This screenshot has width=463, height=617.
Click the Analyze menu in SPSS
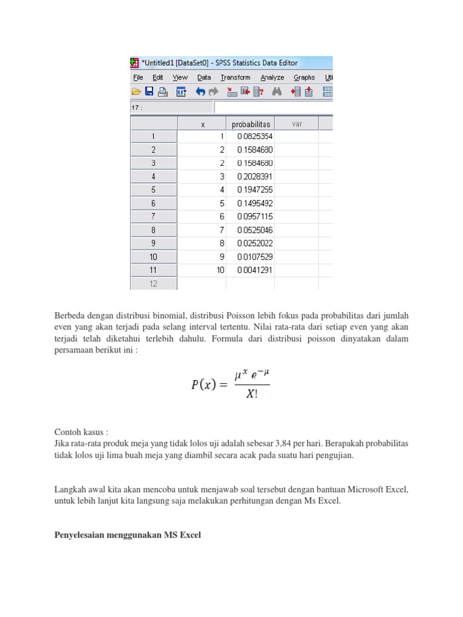coord(272,78)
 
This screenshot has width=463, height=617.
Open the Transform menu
coord(235,78)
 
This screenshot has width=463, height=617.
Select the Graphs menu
coord(304,78)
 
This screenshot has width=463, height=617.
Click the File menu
coord(138,78)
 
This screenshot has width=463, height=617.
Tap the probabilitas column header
coord(251,124)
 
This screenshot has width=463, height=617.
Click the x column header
coord(203,124)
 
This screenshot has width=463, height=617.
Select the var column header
coord(297,124)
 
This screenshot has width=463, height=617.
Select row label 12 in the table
coord(153,284)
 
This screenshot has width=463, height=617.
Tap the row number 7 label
coord(153,217)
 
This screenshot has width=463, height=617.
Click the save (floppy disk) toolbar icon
coord(149,92)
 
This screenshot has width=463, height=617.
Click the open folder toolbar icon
coord(136,92)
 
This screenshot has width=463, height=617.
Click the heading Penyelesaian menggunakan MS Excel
coord(127,534)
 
